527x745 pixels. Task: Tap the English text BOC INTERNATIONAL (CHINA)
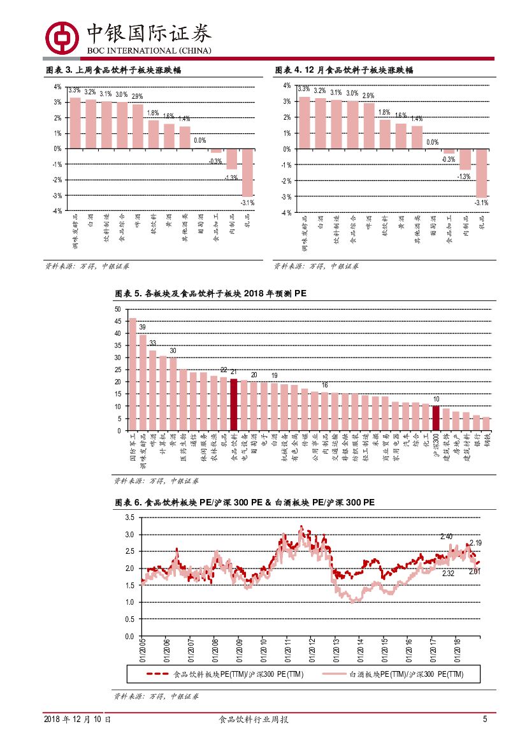click(x=148, y=51)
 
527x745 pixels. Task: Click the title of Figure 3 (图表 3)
click(x=114, y=71)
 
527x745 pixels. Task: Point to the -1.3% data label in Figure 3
click(x=231, y=177)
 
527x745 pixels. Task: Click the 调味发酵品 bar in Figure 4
click(x=305, y=122)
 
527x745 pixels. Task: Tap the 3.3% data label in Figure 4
click(x=303, y=89)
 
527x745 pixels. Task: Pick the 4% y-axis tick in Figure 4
click(x=287, y=85)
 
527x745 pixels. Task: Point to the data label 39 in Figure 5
click(x=142, y=327)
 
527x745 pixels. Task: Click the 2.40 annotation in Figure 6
click(x=446, y=537)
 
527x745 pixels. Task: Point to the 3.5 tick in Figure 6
click(x=129, y=517)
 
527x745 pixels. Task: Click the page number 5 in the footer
click(x=485, y=719)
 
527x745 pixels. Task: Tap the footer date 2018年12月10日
click(x=77, y=719)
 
